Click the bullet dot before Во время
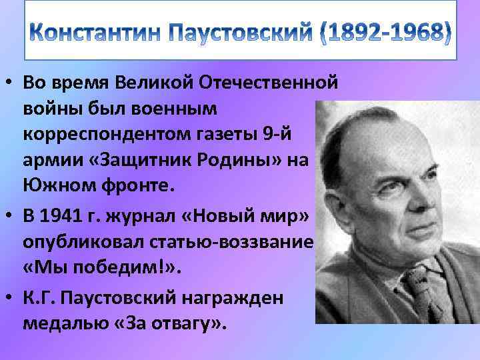click(9, 83)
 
